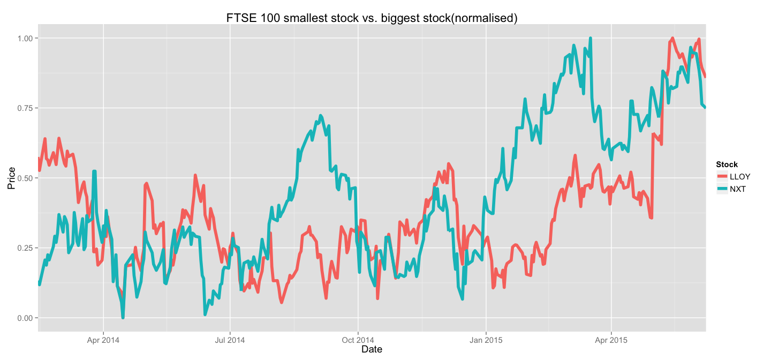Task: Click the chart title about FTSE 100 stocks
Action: [x=372, y=18]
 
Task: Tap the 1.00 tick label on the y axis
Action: [x=25, y=38]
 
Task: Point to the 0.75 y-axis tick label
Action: [x=25, y=108]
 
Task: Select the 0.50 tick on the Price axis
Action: [x=25, y=178]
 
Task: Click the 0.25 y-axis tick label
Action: [x=25, y=248]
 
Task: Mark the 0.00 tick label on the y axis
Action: [x=25, y=318]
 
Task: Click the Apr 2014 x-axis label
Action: [x=103, y=340]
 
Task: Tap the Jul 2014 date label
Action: [x=230, y=340]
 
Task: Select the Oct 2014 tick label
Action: [x=358, y=340]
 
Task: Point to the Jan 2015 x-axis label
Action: [x=486, y=340]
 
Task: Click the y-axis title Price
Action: [x=11, y=178]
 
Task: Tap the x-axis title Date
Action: [x=372, y=349]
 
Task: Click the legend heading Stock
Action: [x=727, y=164]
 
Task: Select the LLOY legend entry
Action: [x=740, y=176]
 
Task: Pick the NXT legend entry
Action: [x=738, y=189]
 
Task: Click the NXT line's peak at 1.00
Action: [x=590, y=39]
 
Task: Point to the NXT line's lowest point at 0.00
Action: [x=123, y=317]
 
